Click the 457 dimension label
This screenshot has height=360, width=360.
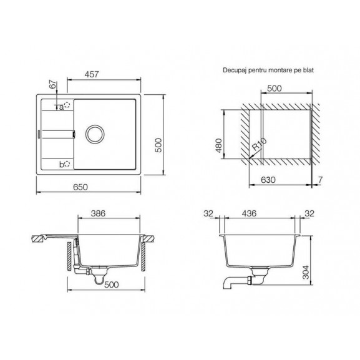pyautogui.click(x=92, y=74)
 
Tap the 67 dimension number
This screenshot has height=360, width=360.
pyautogui.click(x=53, y=84)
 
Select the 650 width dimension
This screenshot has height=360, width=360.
pyautogui.click(x=80, y=187)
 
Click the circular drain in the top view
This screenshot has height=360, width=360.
pyautogui.click(x=95, y=134)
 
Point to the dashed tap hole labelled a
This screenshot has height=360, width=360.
pyautogui.click(x=67, y=105)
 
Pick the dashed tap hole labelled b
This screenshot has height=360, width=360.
pyautogui.click(x=67, y=164)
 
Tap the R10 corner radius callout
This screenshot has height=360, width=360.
pyautogui.click(x=259, y=144)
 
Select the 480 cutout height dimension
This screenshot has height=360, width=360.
pyautogui.click(x=219, y=145)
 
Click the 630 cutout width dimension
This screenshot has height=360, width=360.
pyautogui.click(x=268, y=180)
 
